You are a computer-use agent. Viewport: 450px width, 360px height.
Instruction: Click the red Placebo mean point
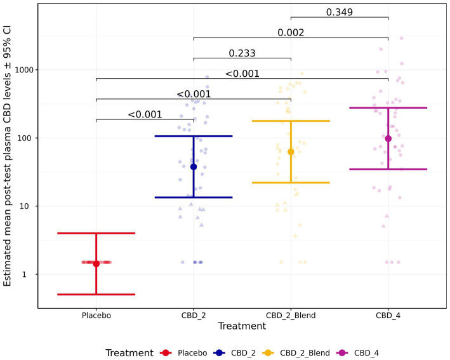pyautogui.click(x=96, y=263)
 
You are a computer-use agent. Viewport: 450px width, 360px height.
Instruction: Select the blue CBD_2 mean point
pyautogui.click(x=194, y=166)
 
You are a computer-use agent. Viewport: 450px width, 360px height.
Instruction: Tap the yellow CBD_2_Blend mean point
pyautogui.click(x=291, y=152)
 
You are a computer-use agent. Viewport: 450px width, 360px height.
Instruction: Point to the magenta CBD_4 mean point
pyautogui.click(x=388, y=138)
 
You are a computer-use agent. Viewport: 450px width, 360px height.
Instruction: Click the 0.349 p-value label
pyautogui.click(x=340, y=11)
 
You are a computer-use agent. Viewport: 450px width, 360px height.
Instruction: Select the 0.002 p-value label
pyautogui.click(x=291, y=32)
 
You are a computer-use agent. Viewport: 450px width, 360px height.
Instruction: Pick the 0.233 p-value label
pyautogui.click(x=242, y=53)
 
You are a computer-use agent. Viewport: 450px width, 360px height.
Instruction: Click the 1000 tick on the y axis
pyautogui.click(x=24, y=69)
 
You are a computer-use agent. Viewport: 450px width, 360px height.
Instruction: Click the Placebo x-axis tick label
pyautogui.click(x=96, y=315)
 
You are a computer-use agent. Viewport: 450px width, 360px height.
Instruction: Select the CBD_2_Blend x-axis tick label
pyautogui.click(x=291, y=315)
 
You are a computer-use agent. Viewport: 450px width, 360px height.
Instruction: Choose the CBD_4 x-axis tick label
pyautogui.click(x=388, y=315)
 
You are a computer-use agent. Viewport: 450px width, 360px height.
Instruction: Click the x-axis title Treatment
pyautogui.click(x=242, y=326)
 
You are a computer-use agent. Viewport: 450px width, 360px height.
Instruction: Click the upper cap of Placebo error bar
pyautogui.click(x=96, y=233)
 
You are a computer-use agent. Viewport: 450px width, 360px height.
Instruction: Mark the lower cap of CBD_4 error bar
pyautogui.click(x=388, y=169)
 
